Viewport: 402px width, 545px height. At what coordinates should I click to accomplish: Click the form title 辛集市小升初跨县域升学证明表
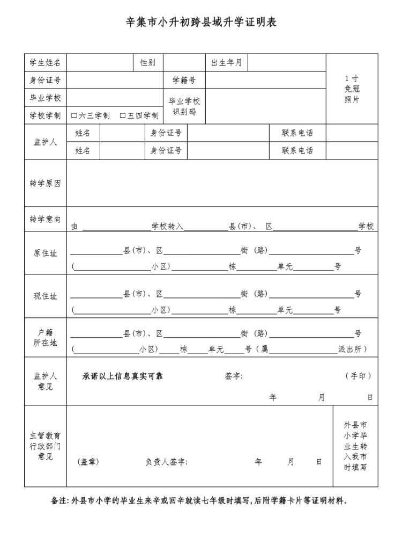201,23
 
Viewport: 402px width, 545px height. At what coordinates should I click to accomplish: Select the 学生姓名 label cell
45,63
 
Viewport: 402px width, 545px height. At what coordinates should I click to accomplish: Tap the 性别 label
148,63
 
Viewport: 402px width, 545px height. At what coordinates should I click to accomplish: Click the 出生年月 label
226,63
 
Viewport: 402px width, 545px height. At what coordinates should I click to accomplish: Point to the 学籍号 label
184,81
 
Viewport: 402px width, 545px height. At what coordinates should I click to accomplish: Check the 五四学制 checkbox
122,115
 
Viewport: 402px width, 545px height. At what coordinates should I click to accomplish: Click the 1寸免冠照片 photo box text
352,89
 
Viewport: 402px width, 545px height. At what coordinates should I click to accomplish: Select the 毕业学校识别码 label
184,106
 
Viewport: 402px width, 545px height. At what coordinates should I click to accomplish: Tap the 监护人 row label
45,142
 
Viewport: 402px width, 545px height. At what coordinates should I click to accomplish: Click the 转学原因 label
45,183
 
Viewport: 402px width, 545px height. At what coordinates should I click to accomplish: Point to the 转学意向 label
45,219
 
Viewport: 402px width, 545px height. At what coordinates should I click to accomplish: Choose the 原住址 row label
45,253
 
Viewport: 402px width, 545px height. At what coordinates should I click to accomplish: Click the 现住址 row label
45,296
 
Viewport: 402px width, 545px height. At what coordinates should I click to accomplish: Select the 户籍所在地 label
45,338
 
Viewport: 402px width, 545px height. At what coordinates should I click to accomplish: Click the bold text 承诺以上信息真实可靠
122,376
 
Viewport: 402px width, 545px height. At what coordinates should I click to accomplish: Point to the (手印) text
358,376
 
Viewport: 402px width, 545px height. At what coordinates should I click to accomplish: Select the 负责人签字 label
166,462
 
